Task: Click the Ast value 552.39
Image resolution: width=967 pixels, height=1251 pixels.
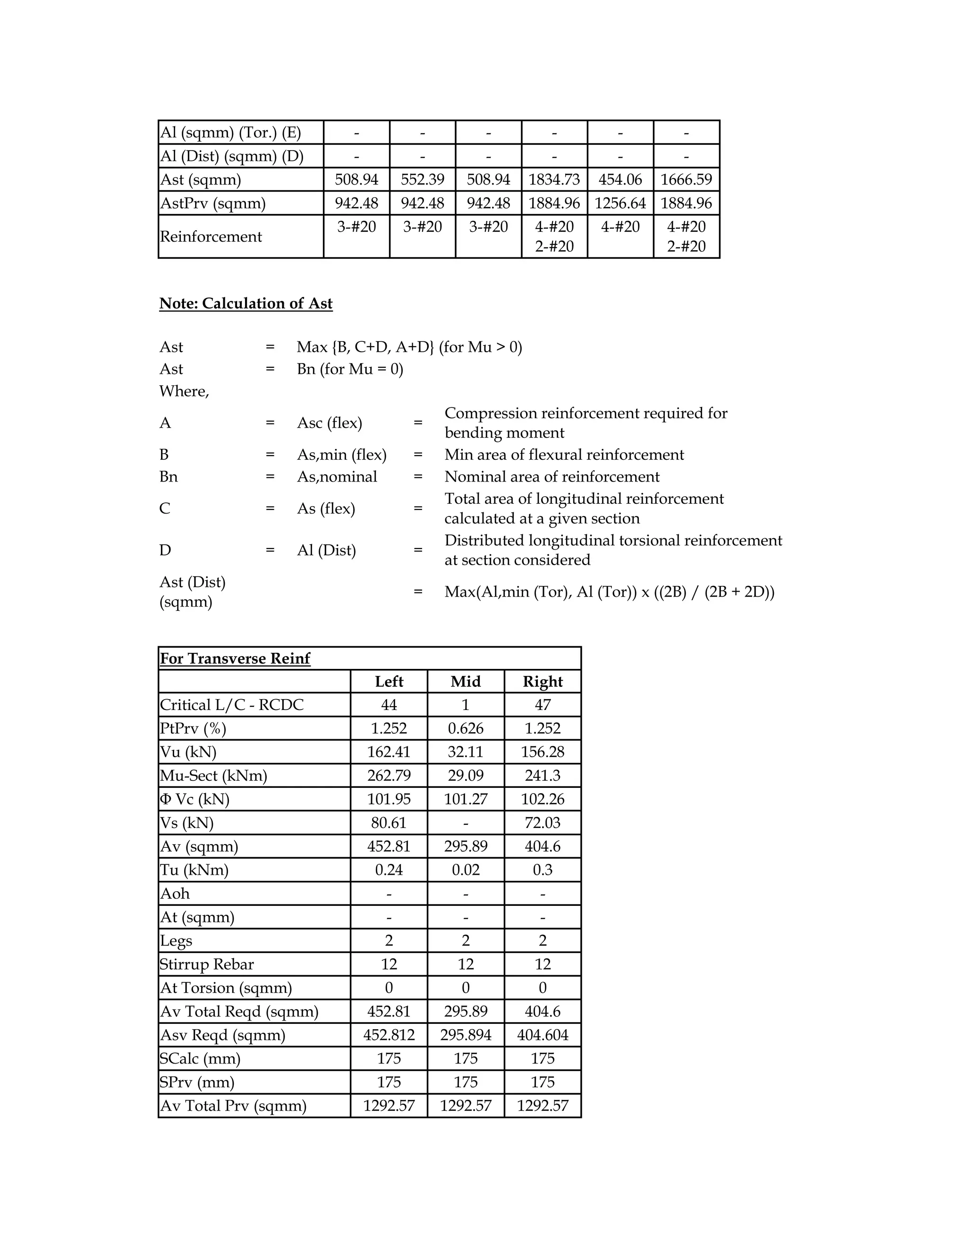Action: click(422, 180)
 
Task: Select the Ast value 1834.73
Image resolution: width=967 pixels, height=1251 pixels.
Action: click(554, 180)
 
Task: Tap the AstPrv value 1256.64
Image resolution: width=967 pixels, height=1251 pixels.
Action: click(620, 203)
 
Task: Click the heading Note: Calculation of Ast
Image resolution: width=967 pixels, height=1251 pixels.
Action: click(246, 304)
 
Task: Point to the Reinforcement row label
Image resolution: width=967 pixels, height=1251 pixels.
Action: click(211, 237)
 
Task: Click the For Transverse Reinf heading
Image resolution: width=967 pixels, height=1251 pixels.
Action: click(235, 659)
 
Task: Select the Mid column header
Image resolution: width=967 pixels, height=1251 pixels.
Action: click(465, 682)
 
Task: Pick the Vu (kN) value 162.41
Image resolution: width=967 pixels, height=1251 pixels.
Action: click(389, 752)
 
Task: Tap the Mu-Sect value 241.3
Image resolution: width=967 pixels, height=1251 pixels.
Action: click(543, 776)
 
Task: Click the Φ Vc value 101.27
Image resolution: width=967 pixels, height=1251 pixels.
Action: click(465, 799)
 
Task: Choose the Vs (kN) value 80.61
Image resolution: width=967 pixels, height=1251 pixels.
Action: click(389, 823)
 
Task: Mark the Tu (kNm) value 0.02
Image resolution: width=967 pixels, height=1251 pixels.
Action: click(465, 870)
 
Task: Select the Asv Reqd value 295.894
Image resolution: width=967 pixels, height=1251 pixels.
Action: click(465, 1035)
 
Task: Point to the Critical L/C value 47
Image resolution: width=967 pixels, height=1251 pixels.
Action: click(543, 705)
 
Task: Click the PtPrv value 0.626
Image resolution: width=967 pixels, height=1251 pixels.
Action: click(465, 728)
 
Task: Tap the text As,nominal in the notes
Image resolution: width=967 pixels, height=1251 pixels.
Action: click(337, 477)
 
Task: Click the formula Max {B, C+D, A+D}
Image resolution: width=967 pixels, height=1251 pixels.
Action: click(365, 347)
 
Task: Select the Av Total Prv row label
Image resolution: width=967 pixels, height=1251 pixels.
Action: click(233, 1106)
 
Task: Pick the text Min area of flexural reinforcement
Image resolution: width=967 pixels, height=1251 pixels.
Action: click(564, 455)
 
